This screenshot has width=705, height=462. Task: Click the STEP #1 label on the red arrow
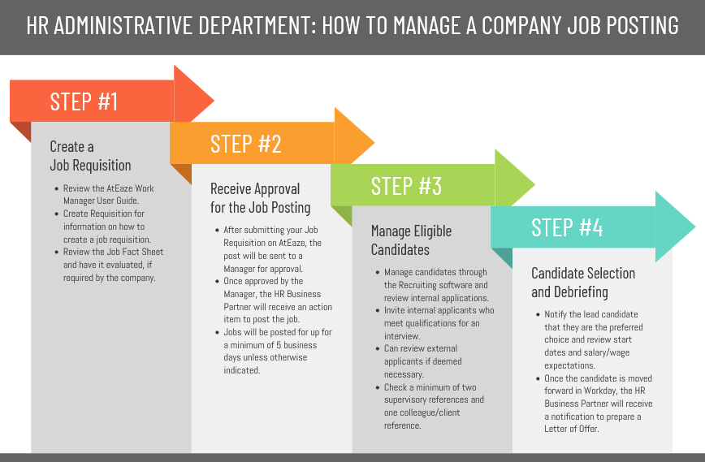pos(84,101)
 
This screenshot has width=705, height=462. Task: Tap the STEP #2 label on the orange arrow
pos(245,144)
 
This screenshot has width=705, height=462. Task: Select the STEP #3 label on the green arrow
pos(406,186)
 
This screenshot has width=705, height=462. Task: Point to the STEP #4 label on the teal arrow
pos(567,228)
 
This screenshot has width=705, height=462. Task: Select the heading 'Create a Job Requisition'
pos(90,156)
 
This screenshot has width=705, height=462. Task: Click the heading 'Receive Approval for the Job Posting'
pos(260,198)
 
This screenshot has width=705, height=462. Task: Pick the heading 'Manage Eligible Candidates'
pos(411,240)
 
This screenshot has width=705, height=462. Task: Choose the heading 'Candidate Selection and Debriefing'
pos(583,283)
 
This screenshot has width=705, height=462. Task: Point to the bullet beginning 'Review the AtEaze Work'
pos(108,194)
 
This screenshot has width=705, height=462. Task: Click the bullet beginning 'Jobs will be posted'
pos(276,351)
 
